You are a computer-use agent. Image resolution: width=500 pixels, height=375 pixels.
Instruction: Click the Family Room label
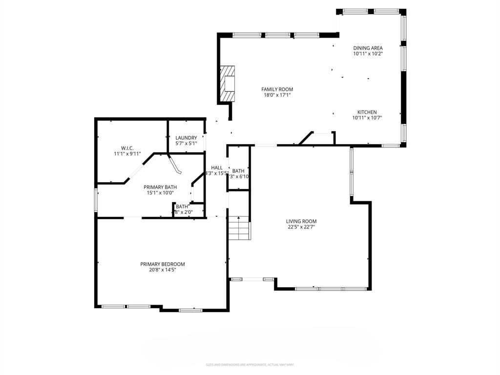point(277,89)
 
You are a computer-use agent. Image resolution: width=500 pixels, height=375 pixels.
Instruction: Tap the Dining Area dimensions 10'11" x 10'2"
point(368,54)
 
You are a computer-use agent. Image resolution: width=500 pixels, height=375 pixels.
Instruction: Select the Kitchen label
point(367,112)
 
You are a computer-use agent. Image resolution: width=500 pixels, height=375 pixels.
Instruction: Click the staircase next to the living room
point(239,228)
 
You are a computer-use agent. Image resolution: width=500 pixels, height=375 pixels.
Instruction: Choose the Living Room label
point(301,221)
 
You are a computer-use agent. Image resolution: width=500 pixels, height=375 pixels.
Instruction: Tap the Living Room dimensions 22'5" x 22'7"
point(301,227)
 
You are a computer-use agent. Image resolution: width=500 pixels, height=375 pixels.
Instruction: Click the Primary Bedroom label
point(163,264)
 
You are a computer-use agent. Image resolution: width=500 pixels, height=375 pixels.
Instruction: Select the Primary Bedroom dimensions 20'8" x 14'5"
point(163,270)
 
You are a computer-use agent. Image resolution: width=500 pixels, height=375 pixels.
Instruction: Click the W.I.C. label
point(127,148)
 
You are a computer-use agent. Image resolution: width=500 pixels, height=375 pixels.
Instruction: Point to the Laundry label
point(186,138)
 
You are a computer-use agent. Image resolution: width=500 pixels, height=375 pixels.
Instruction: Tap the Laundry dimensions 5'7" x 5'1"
point(186,144)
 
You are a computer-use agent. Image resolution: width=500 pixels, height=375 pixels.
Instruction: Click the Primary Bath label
point(160,187)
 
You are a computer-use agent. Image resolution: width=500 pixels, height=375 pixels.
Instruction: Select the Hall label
point(217,167)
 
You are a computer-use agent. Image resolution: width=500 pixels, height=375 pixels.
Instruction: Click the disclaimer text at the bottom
point(250,364)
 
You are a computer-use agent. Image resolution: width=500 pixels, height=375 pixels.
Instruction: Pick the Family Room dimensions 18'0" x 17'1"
point(277,95)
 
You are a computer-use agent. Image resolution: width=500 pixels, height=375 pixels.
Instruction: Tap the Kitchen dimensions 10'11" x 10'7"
point(367,118)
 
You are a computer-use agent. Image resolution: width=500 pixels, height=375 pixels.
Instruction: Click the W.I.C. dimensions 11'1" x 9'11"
point(127,154)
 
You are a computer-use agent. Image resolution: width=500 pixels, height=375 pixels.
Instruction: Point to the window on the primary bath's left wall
point(96,201)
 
